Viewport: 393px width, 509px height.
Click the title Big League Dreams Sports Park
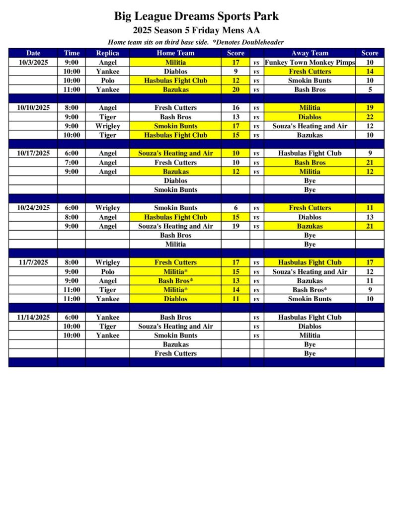click(196, 16)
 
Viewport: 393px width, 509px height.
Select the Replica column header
click(107, 53)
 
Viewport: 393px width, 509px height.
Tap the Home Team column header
click(175, 53)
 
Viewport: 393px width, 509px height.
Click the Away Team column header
click(310, 53)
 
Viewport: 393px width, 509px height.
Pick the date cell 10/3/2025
click(33, 62)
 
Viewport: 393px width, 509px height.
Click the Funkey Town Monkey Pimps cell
click(310, 62)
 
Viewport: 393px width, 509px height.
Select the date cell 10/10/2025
click(33, 107)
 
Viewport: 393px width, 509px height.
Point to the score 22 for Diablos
click(370, 117)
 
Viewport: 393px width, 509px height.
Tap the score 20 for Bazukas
click(236, 89)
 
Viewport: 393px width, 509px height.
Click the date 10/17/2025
click(33, 153)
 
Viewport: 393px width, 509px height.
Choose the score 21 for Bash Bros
click(370, 163)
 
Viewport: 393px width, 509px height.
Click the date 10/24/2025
click(33, 208)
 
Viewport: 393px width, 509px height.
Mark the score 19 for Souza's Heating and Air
click(236, 226)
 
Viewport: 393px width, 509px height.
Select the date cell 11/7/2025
click(33, 262)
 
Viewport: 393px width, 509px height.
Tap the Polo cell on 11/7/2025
click(107, 272)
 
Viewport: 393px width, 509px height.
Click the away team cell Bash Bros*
click(310, 290)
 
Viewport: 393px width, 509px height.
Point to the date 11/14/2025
click(33, 317)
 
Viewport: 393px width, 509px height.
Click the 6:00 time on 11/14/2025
click(71, 317)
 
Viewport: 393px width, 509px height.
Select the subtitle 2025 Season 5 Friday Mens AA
click(196, 30)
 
